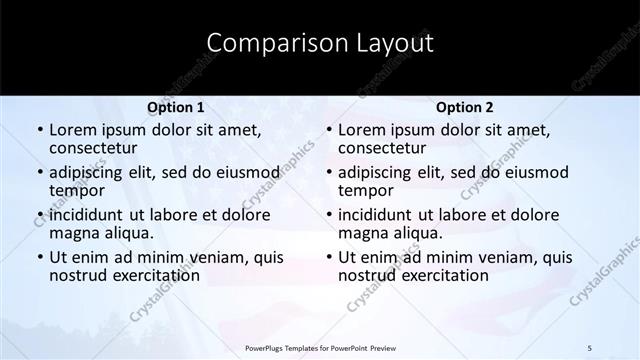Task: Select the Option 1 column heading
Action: click(176, 107)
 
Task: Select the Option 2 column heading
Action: click(465, 107)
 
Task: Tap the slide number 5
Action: click(590, 347)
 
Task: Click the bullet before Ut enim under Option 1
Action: click(39, 258)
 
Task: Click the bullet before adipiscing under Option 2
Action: click(328, 173)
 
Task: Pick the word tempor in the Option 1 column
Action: click(77, 190)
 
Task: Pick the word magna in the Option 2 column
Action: click(364, 233)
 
